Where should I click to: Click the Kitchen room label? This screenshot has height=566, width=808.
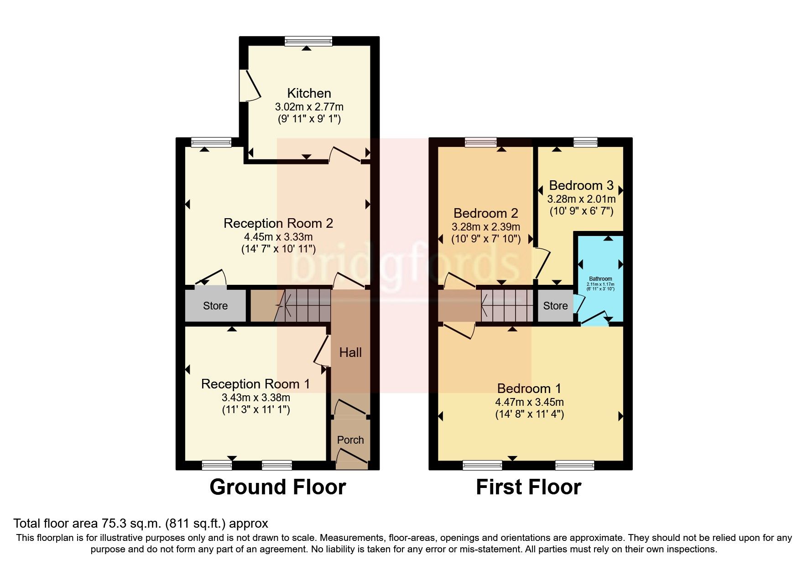309,93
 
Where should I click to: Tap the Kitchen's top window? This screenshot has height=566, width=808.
308,42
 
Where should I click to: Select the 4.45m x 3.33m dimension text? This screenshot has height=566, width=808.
278,237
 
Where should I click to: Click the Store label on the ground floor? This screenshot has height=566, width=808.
215,306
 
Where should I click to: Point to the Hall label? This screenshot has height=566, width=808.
350,352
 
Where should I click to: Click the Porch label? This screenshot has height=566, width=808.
350,440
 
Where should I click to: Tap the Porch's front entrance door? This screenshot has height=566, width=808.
351,459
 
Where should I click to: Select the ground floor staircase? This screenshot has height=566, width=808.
303,305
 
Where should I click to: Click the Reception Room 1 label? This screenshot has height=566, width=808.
255,384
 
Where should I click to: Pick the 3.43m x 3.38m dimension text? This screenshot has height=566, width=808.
255,398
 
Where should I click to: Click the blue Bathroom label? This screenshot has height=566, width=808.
600,279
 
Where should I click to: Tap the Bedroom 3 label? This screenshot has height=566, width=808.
581,185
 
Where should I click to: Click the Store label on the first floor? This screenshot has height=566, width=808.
555,306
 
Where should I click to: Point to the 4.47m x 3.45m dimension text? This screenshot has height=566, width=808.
529,402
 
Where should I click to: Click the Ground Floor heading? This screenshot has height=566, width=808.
277,487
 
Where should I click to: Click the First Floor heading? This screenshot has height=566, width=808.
528,487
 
